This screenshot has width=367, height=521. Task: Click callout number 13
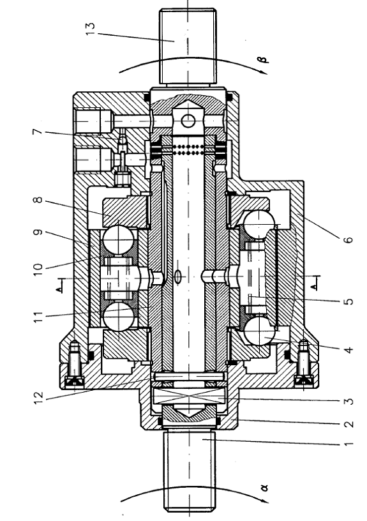point(90,30)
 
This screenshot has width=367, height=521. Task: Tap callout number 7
point(38,132)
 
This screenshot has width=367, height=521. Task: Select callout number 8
point(38,200)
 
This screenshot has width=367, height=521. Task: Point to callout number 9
point(38,232)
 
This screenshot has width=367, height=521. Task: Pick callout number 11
point(38,315)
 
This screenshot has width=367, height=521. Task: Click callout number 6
point(348,239)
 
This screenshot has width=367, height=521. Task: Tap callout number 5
point(348,302)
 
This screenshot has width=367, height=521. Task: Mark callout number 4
point(348,349)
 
